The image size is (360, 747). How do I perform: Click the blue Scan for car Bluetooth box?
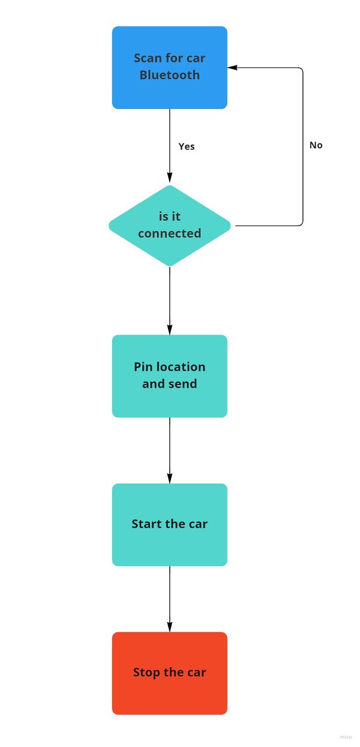click(170, 68)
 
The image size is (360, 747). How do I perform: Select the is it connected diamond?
click(170, 226)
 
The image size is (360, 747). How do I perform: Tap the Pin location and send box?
click(170, 376)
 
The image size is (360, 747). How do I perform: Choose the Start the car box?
click(170, 524)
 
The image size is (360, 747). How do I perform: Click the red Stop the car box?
click(170, 673)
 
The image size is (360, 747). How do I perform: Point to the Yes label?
click(187, 146)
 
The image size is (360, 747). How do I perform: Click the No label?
click(316, 145)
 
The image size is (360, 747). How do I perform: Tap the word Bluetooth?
click(170, 75)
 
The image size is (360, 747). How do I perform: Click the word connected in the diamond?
click(170, 233)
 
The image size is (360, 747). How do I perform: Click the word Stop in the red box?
click(146, 673)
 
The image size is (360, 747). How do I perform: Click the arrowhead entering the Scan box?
click(232, 68)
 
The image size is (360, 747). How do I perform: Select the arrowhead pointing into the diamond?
click(170, 178)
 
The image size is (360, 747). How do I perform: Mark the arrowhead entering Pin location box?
click(170, 330)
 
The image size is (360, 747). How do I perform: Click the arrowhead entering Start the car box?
click(170, 478)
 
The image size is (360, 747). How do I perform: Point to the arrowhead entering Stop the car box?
click(170, 627)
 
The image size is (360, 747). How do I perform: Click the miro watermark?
click(346, 737)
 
